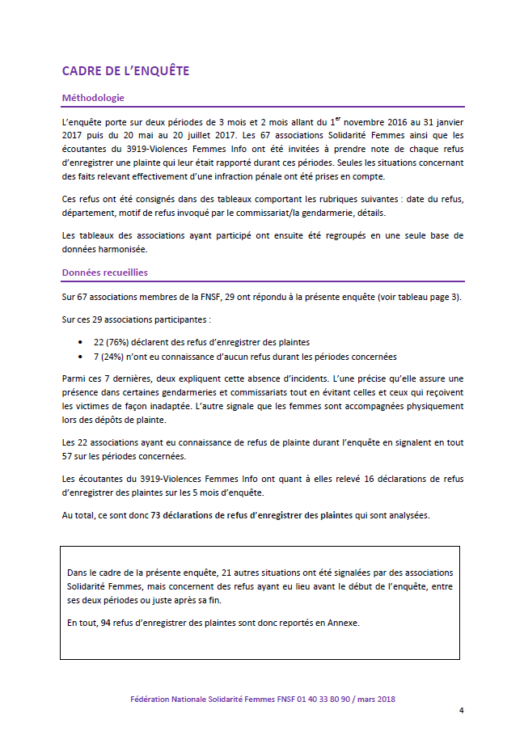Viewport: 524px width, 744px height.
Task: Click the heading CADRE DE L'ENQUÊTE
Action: (125, 71)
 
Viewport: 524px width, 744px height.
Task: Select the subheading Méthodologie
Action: (93, 98)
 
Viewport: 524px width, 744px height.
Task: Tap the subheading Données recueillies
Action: (104, 273)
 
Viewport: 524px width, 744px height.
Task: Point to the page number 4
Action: (461, 710)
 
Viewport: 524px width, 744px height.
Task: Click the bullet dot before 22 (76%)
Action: (80, 343)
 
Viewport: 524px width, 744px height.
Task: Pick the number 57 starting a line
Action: (68, 456)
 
